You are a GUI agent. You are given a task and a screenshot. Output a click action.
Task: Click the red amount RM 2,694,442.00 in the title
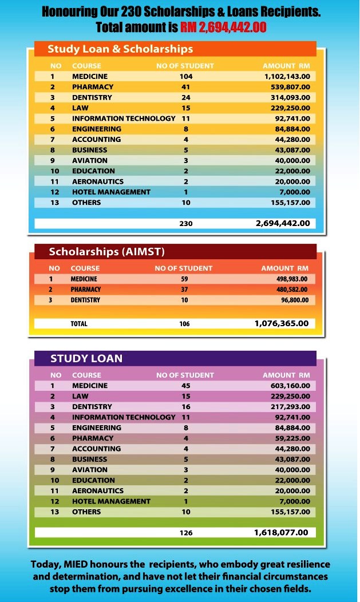tap(223, 27)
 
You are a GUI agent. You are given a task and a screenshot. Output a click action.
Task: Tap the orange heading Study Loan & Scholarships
tap(120, 49)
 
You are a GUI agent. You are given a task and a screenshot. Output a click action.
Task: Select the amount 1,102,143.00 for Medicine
tap(286, 76)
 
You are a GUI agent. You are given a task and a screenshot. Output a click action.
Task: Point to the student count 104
tap(186, 76)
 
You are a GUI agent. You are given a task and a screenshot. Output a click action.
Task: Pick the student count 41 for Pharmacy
tap(186, 87)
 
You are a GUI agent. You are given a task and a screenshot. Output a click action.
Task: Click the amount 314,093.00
tap(290, 97)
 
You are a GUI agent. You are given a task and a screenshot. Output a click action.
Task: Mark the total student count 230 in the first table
tap(186, 224)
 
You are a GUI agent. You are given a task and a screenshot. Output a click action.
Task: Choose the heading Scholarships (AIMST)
tap(106, 252)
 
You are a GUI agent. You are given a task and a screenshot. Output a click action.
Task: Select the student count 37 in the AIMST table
tap(184, 290)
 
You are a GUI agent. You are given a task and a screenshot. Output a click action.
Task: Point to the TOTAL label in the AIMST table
tap(79, 324)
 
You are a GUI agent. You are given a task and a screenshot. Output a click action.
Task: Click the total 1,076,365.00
tap(281, 323)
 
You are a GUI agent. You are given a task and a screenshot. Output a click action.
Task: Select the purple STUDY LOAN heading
tap(86, 359)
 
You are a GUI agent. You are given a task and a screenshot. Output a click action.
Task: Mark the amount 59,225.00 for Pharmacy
tap(292, 438)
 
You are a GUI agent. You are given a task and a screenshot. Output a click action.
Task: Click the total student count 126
tap(186, 533)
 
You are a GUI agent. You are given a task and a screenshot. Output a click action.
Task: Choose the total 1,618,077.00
tap(281, 532)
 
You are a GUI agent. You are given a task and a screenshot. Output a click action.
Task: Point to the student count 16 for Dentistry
tap(186, 407)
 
